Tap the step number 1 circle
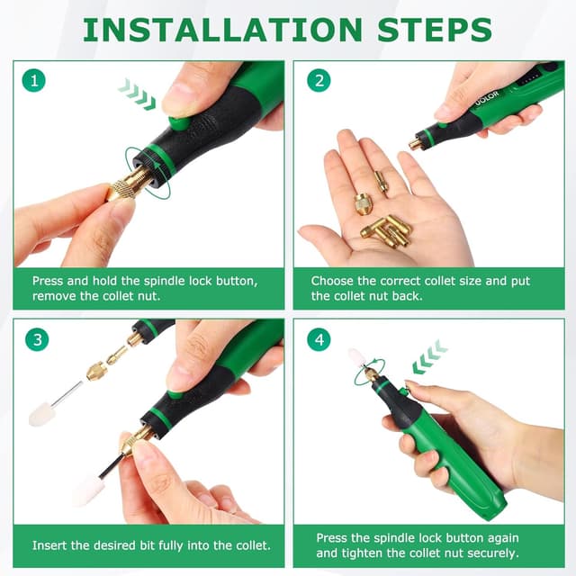(34, 81)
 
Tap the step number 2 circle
(318, 81)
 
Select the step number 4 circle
(318, 340)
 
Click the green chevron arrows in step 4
(429, 356)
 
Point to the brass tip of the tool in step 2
(416, 142)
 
